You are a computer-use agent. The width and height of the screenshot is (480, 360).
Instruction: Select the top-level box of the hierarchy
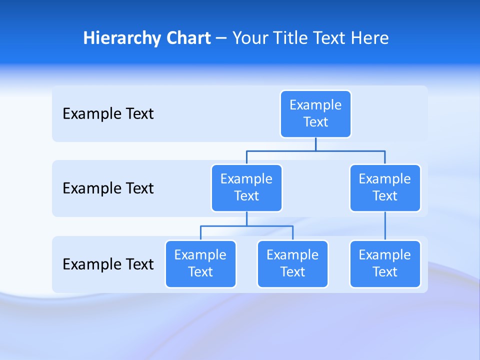click(315, 113)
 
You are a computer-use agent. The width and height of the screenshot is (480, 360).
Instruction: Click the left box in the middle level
click(246, 187)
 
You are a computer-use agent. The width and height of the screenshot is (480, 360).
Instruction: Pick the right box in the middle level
click(385, 187)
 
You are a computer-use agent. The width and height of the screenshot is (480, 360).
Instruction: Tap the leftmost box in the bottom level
click(200, 263)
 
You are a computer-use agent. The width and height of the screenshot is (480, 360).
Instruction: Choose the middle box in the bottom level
click(292, 263)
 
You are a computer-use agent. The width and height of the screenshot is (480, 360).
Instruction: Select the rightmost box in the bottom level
click(385, 263)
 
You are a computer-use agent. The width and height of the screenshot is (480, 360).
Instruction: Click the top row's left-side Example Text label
click(108, 113)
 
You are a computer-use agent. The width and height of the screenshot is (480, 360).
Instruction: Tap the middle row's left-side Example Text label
click(108, 188)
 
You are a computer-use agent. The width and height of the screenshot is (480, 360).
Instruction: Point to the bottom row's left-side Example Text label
click(108, 263)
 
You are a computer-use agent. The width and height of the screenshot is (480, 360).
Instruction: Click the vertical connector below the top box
click(315, 144)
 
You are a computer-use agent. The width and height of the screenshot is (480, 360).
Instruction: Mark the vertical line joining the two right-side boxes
click(385, 226)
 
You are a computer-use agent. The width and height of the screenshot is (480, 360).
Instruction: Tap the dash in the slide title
click(221, 38)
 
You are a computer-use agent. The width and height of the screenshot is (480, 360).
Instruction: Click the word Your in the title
click(250, 38)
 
